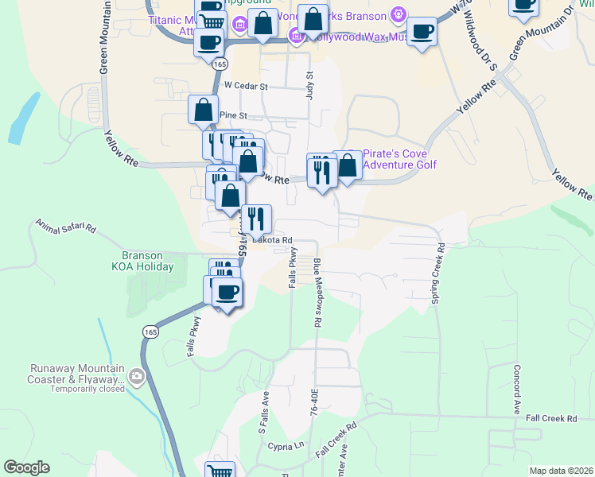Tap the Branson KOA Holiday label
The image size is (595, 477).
pos(143,262)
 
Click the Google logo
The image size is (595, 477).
pos(26,467)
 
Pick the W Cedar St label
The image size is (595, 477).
pos(247,85)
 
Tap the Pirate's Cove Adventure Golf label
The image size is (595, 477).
pos(400,159)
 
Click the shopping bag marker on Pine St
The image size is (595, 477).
pos(204,110)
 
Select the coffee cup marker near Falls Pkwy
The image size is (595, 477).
pos(227,291)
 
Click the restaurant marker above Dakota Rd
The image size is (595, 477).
pos(256,218)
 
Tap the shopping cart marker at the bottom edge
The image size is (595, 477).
pos(220,471)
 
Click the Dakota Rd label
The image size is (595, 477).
pos(273,239)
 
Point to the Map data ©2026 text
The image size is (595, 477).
pos(561,471)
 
